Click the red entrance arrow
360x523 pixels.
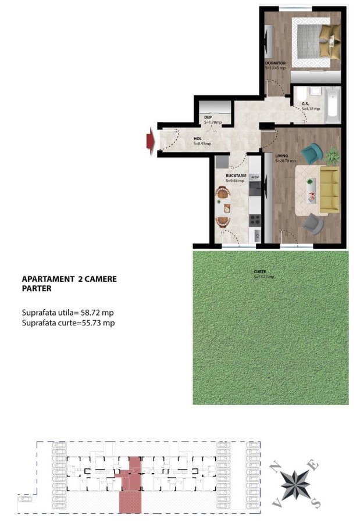[150, 140]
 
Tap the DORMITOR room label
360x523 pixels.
[275, 62]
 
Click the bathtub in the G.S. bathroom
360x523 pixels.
[332, 105]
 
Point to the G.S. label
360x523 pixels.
[305, 104]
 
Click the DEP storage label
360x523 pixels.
[208, 117]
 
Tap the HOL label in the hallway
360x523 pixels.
[198, 138]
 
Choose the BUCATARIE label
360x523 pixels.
[237, 175]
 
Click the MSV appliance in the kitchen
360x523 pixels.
[254, 177]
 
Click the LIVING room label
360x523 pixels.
[282, 156]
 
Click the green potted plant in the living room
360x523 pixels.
[333, 156]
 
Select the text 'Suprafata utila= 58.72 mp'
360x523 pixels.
[68, 313]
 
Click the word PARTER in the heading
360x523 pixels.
[37, 288]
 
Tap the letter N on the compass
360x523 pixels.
[277, 465]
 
